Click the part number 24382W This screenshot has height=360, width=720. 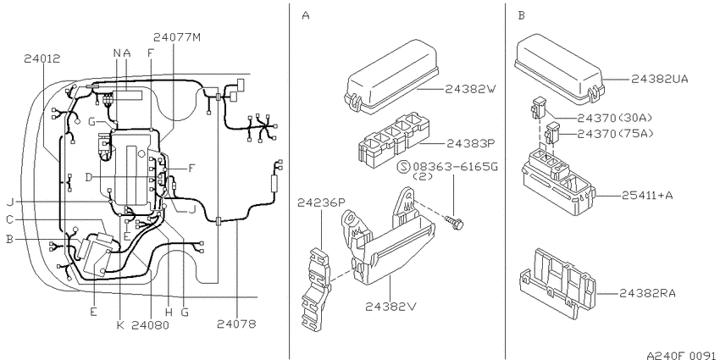pyautogui.click(x=471, y=89)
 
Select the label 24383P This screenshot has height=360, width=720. pyautogui.click(x=472, y=144)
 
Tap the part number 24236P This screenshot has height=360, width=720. pyautogui.click(x=321, y=202)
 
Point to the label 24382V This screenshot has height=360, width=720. pyautogui.click(x=390, y=307)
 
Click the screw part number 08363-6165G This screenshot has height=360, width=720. pyautogui.click(x=455, y=166)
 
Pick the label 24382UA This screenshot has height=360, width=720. pyautogui.click(x=660, y=79)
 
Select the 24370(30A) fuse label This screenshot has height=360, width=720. pyautogui.click(x=614, y=118)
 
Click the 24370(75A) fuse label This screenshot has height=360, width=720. pyautogui.click(x=614, y=134)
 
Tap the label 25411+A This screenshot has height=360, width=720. pyautogui.click(x=647, y=195)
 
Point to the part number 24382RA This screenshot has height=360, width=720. pyautogui.click(x=647, y=293)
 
